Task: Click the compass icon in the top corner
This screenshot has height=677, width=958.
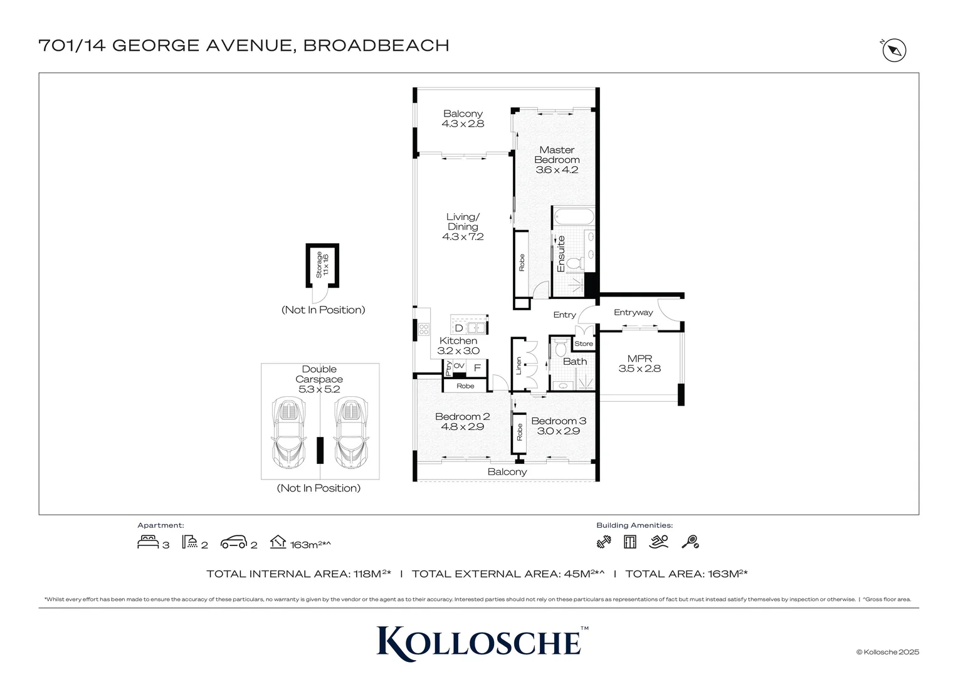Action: click(x=894, y=50)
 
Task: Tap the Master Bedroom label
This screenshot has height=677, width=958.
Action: click(x=557, y=155)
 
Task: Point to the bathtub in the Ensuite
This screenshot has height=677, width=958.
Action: click(x=574, y=217)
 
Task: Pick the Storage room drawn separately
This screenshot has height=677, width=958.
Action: click(x=322, y=265)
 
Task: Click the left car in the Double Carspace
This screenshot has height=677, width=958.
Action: click(x=289, y=433)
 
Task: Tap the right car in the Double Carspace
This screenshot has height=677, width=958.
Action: click(x=350, y=433)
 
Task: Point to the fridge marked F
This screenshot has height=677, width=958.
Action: click(x=477, y=368)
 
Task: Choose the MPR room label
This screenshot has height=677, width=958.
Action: click(x=640, y=359)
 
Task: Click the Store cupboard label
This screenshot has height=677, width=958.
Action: click(x=583, y=344)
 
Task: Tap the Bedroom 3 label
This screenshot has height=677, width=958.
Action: click(x=559, y=421)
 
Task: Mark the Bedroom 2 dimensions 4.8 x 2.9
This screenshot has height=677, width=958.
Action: click(x=463, y=427)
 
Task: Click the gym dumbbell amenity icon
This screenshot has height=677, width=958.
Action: click(x=604, y=542)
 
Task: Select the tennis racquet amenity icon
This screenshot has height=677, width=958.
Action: click(x=690, y=542)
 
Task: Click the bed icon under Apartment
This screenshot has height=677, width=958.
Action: click(x=148, y=542)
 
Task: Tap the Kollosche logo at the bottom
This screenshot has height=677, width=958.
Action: click(x=480, y=643)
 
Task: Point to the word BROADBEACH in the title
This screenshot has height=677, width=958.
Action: click(x=376, y=46)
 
